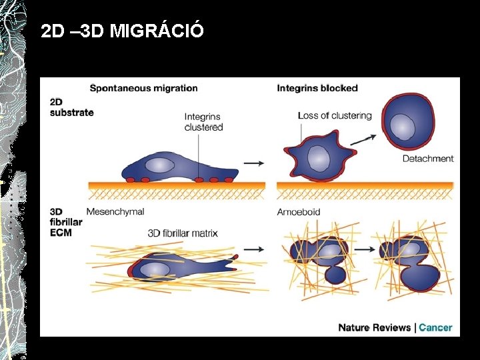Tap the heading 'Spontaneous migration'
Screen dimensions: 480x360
coord(143,88)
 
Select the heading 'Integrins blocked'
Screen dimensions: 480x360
coord(317,88)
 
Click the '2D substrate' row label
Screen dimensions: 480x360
coord(71,107)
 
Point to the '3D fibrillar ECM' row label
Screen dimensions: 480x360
coord(66,222)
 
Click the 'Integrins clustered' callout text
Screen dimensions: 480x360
coord(203,122)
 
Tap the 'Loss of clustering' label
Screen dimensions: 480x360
coord(335,115)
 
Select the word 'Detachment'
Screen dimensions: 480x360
coord(428,159)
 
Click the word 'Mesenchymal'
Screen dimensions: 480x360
coord(115,212)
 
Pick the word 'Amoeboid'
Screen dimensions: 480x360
coord(299,212)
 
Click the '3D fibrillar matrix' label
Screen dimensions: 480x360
coord(183,233)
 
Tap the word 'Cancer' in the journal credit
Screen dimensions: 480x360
coord(435,327)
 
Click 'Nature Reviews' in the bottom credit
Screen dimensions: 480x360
coord(375,327)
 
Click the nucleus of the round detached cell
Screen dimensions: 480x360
coord(402,124)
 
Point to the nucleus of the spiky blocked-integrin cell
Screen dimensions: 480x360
coord(318,158)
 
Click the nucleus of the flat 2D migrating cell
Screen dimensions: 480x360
coord(160,165)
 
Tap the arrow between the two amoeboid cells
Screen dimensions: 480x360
coord(363,249)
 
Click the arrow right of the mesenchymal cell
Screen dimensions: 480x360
coord(253,249)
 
